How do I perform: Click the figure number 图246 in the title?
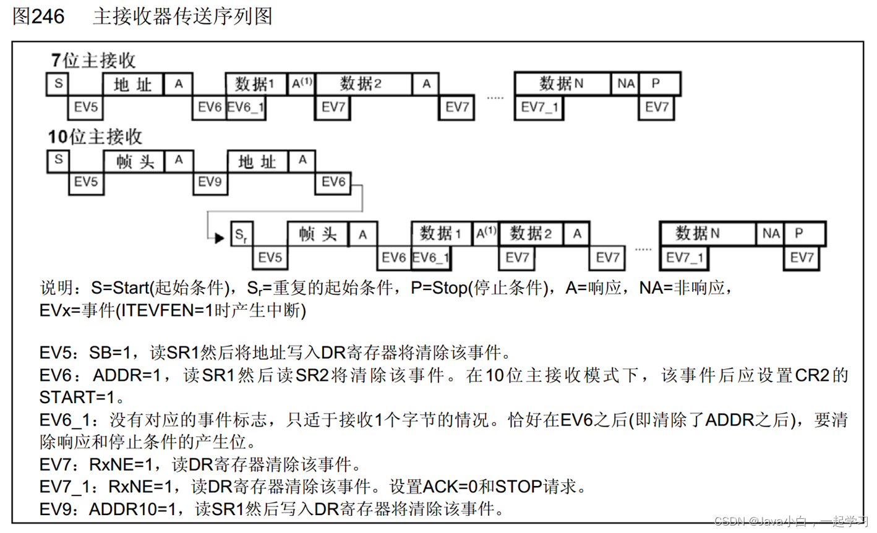(38, 17)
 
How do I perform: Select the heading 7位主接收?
(93, 61)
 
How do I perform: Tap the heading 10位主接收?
(95, 137)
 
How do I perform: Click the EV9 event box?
(210, 182)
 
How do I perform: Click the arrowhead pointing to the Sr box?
(218, 237)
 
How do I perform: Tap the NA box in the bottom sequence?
(771, 234)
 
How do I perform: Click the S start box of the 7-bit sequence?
(58, 83)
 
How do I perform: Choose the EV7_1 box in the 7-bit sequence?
(539, 108)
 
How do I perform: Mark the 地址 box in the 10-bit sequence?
(257, 162)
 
